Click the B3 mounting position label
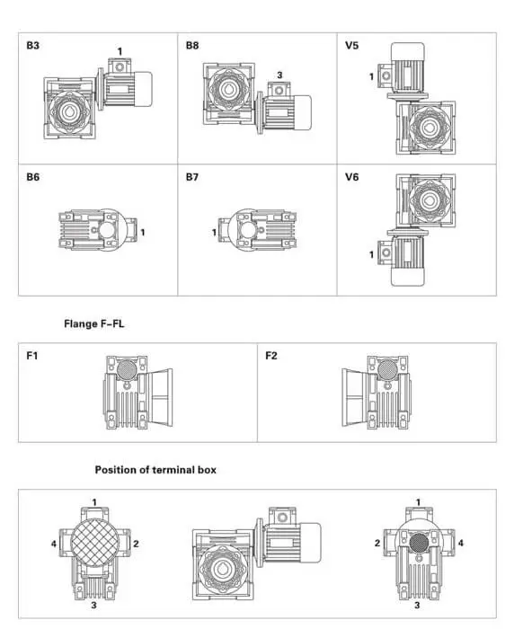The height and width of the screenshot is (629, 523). pos(33,45)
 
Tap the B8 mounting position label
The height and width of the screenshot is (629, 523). pos(192,45)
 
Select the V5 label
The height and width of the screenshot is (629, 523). pos(351,45)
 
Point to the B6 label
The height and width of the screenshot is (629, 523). pos(33,177)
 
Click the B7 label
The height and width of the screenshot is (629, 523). pos(192,177)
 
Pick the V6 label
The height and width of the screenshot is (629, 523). pos(351,177)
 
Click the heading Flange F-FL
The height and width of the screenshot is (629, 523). pos(94,323)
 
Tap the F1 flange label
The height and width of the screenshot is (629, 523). pos(32,356)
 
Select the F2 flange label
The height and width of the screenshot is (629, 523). pos(271,356)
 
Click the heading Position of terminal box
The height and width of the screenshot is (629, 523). pos(155,470)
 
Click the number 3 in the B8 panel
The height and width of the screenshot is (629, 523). pos(279,75)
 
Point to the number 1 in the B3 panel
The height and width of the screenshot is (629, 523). pos(120,51)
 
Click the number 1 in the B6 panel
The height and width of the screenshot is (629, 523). pos(142,232)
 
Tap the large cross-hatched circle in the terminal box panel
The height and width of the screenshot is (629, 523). pos(95,543)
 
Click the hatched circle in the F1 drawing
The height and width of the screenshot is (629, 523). pos(127,369)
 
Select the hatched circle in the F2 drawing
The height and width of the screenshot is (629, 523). pos(388,369)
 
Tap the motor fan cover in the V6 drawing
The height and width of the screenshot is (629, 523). pos(407,277)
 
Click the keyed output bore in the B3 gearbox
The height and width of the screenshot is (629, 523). pos(69,112)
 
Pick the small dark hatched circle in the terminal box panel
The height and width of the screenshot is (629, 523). pos(419,544)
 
